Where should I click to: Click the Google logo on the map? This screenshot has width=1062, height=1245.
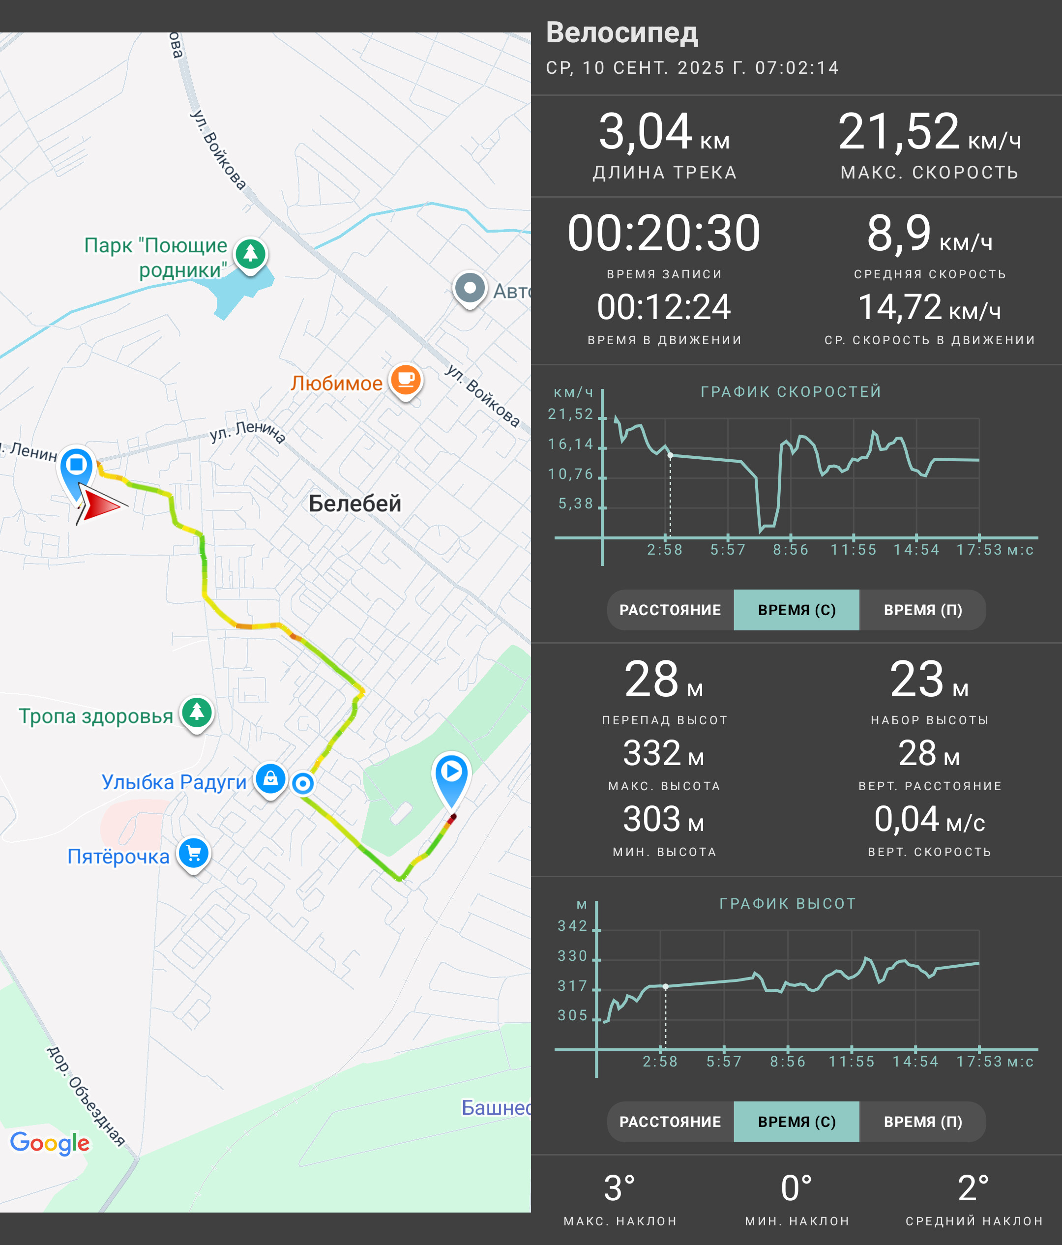50,1143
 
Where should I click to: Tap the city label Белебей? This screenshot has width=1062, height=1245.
354,504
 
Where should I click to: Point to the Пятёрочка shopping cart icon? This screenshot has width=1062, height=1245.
193,854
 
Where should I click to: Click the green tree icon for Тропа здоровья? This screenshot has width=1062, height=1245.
197,713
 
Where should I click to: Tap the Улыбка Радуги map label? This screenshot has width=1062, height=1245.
174,782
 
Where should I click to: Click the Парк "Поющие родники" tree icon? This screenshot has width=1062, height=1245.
250,255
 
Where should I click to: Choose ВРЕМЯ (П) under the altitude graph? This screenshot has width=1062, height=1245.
923,1122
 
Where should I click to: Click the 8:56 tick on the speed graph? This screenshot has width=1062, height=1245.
791,549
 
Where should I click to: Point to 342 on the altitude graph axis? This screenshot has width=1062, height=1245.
572,926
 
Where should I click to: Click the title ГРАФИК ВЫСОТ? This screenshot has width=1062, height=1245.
788,903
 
